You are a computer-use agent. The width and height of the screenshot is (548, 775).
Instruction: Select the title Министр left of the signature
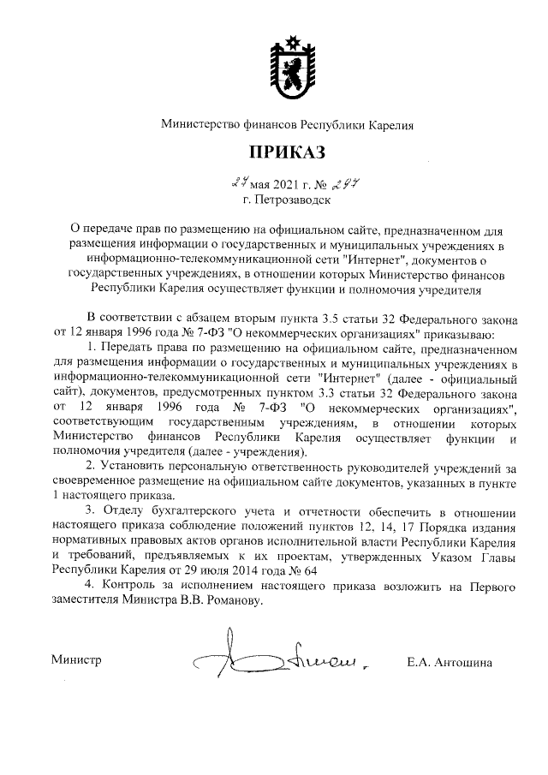point(76,661)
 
